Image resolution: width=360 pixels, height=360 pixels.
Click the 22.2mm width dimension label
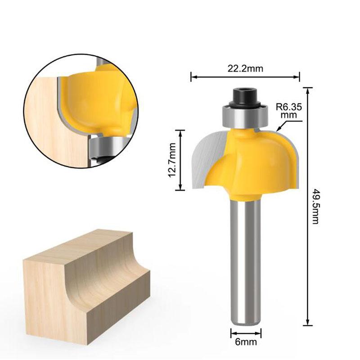pos(245,68)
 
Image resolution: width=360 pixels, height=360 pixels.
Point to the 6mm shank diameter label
pos(246,342)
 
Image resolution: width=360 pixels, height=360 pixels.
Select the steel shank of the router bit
pos(246,261)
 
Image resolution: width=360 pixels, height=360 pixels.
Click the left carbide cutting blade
pos(205,157)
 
